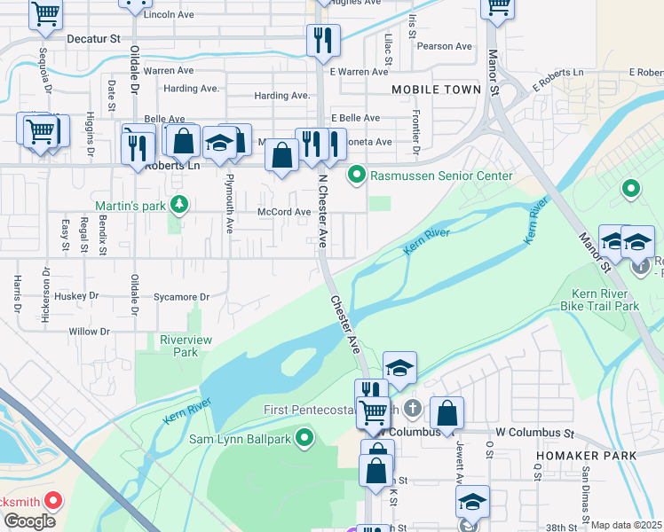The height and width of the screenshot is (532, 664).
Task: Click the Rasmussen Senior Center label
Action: [x=441, y=176]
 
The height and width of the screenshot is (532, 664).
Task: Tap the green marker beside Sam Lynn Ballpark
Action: [x=305, y=438]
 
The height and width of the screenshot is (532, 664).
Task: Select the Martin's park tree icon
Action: [x=179, y=206]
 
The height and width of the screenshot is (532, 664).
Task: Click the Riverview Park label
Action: [x=178, y=346]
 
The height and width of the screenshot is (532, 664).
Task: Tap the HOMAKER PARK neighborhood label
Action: [x=586, y=456]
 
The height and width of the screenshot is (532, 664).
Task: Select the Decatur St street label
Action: [x=93, y=39]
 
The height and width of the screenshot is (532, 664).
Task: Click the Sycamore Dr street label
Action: [x=180, y=297]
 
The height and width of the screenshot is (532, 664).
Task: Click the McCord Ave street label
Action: [x=284, y=212]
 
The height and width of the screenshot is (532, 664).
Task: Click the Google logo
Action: [x=29, y=521]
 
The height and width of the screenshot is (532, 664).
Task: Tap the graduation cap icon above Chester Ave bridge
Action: [x=400, y=367]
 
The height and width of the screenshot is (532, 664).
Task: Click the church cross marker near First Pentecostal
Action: [x=412, y=409]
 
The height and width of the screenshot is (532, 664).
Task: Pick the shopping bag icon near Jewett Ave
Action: [x=447, y=412]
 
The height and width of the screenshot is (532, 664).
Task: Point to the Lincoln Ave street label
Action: [x=170, y=15]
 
